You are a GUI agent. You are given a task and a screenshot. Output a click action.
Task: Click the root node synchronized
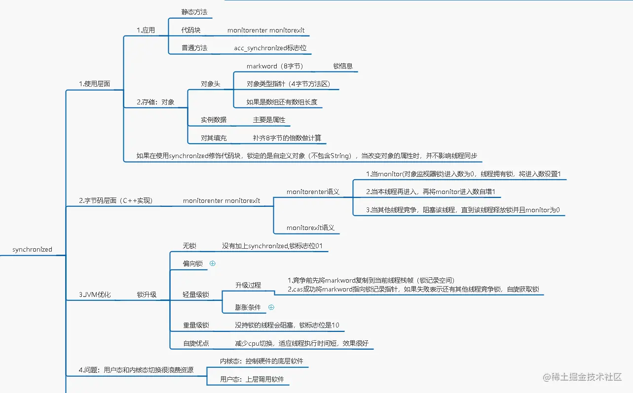click(x=32, y=249)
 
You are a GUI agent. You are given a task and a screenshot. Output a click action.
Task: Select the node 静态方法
click(x=194, y=12)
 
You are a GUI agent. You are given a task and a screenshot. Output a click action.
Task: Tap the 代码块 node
click(x=191, y=30)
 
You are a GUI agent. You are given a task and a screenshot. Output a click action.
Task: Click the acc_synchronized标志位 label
click(x=270, y=48)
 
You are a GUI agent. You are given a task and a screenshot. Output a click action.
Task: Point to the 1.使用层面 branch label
click(x=94, y=84)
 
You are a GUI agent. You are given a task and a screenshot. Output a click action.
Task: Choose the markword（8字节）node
click(x=275, y=66)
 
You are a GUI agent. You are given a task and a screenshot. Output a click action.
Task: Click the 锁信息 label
click(x=342, y=66)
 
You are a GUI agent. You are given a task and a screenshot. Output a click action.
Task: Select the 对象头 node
click(x=210, y=84)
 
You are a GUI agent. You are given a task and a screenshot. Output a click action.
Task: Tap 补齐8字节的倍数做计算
click(x=286, y=138)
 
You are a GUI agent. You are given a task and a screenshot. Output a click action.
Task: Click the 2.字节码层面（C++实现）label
click(x=116, y=200)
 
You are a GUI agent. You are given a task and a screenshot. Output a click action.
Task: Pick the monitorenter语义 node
click(x=313, y=192)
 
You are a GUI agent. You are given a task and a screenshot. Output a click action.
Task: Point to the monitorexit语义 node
click(x=310, y=228)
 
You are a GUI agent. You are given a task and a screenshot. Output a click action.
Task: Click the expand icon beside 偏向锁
click(x=213, y=263)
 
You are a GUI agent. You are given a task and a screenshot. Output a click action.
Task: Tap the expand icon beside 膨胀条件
click(x=271, y=307)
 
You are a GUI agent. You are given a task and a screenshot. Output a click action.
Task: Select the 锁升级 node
click(x=147, y=295)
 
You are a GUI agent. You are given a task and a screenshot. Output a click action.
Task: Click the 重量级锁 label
click(x=196, y=325)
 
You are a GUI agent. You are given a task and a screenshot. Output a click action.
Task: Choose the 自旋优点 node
click(x=196, y=343)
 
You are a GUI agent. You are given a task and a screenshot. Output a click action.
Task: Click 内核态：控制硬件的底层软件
click(x=261, y=361)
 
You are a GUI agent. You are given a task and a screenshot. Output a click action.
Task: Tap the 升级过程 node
click(x=248, y=285)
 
